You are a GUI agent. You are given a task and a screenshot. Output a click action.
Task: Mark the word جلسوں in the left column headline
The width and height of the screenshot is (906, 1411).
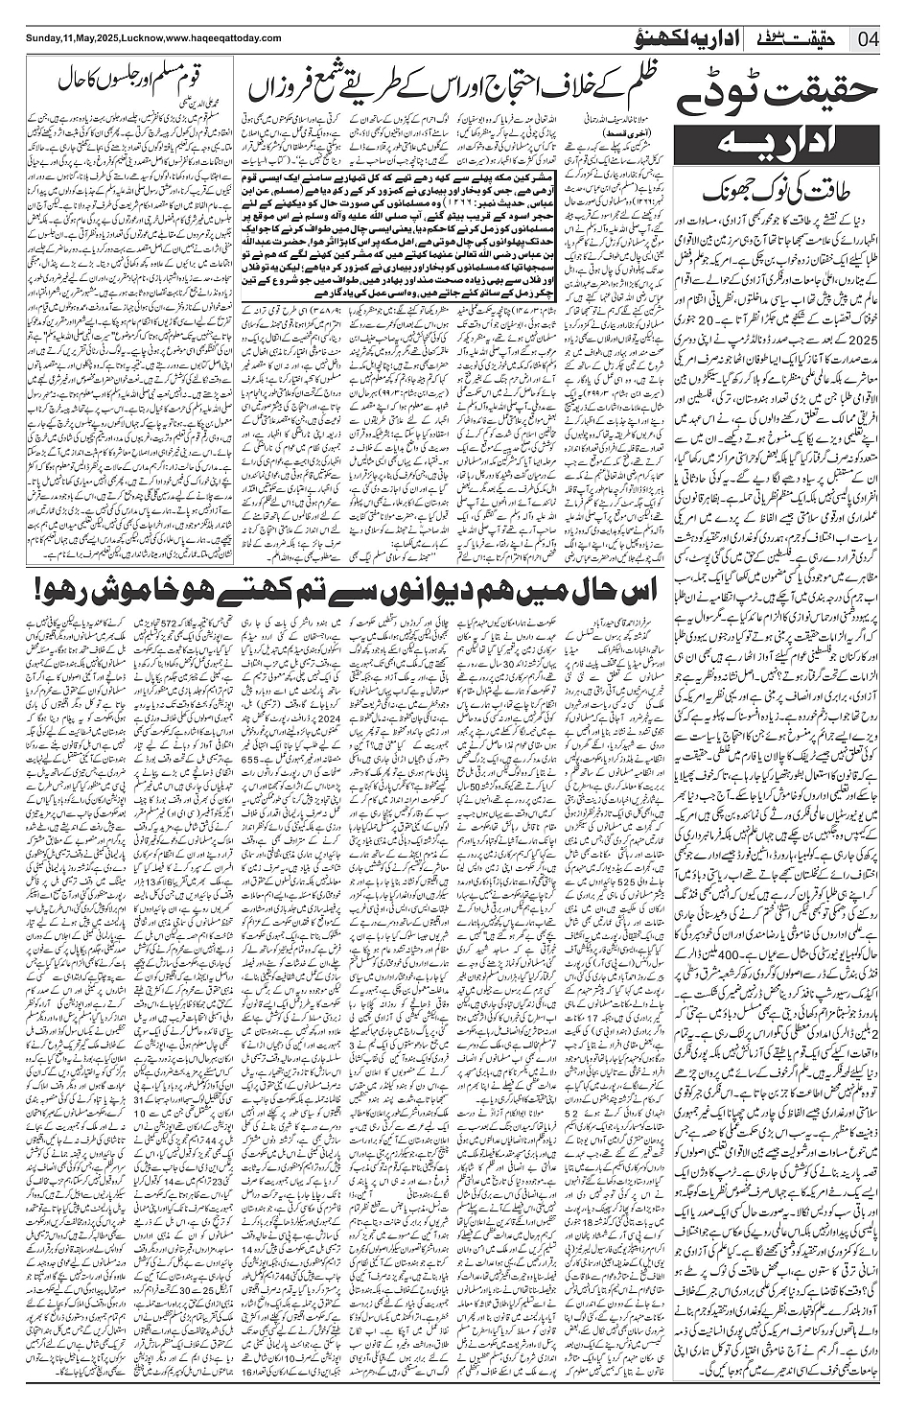pyautogui.click(x=109, y=77)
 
